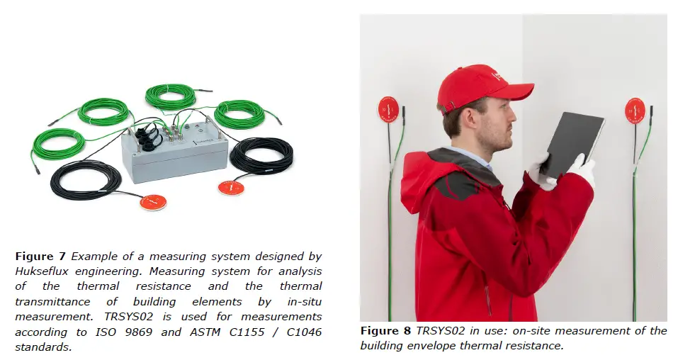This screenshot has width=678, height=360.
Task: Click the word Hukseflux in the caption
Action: (x=43, y=271)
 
